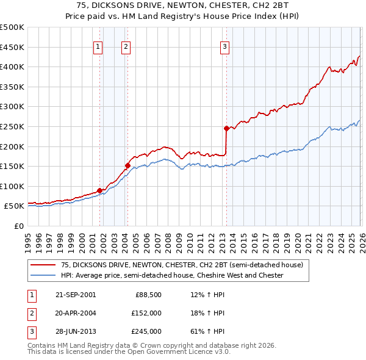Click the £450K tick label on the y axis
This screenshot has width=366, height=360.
click(12, 47)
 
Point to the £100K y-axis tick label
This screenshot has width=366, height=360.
click(12, 186)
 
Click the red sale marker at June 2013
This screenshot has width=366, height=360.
click(226, 128)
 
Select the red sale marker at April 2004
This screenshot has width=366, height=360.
click(127, 165)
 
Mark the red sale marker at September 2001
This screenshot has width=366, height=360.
click(100, 190)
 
